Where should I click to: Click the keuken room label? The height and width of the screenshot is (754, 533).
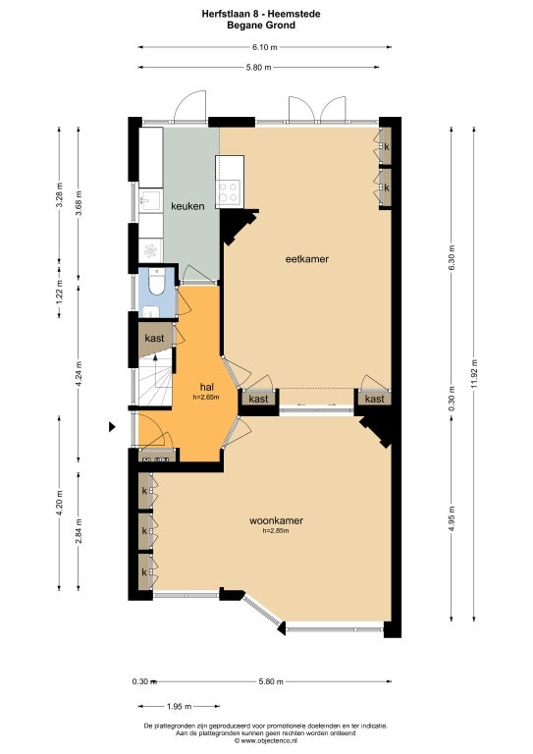click(187, 206)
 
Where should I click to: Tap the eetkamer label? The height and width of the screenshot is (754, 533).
click(307, 259)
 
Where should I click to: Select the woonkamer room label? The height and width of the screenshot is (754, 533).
click(276, 520)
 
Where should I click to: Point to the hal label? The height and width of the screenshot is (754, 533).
click(207, 387)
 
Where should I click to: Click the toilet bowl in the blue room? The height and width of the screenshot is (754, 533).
click(157, 282)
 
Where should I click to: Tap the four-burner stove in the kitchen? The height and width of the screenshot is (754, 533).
click(229, 190)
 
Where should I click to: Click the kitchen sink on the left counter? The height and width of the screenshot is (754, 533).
click(149, 201)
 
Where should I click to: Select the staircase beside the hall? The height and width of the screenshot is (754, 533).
click(155, 377)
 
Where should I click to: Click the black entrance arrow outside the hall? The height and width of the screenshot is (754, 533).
click(112, 426)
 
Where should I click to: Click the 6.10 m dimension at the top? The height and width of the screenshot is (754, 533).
click(265, 47)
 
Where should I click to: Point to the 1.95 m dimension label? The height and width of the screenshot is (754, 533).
click(180, 707)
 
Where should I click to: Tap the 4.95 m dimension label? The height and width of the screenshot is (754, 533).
click(452, 518)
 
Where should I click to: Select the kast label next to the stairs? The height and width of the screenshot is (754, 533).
click(154, 338)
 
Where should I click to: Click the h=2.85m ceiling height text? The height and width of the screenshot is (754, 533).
click(276, 531)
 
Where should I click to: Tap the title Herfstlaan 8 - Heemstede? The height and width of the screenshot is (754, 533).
click(261, 14)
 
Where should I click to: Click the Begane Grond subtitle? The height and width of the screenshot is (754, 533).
click(261, 25)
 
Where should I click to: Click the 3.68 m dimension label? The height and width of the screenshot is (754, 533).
click(79, 203)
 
